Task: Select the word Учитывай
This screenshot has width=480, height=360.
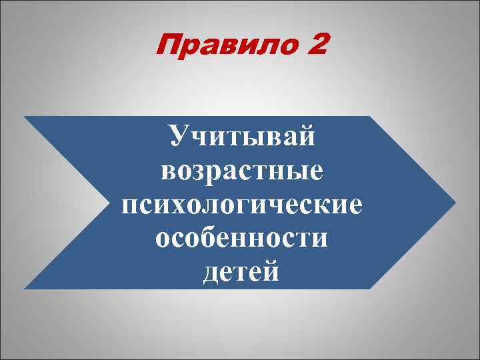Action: click(241, 138)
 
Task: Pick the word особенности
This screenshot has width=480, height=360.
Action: click(241, 238)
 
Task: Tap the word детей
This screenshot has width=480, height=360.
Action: click(241, 272)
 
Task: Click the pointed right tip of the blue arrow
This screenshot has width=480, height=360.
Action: click(456, 202)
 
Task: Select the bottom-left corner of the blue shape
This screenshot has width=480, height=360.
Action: click(25, 288)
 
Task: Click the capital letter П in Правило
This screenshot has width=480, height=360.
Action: click(166, 47)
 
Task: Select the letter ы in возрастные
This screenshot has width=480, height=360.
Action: click(299, 172)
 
